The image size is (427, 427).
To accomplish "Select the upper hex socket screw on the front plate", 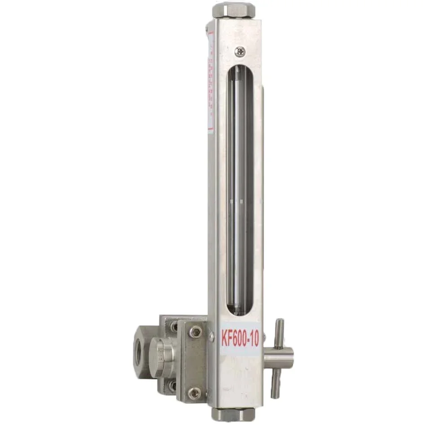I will tap(195, 332).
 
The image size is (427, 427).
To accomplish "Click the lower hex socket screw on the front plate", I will tap(195, 393).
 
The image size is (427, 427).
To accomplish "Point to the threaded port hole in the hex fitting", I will tap(138, 353).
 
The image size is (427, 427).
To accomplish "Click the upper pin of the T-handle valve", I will tap(279, 333).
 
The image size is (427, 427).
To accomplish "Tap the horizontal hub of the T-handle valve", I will tap(279, 358).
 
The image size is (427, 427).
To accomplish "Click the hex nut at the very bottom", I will tap(233, 414).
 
